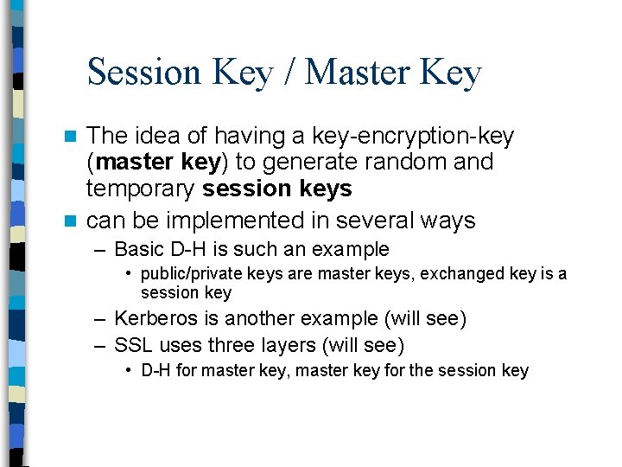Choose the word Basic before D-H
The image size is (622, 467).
click(x=138, y=250)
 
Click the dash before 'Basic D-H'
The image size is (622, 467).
click(x=100, y=250)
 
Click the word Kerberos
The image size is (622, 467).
click(x=152, y=319)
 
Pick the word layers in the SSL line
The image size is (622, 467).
click(x=289, y=345)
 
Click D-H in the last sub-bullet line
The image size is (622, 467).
click(x=156, y=371)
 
